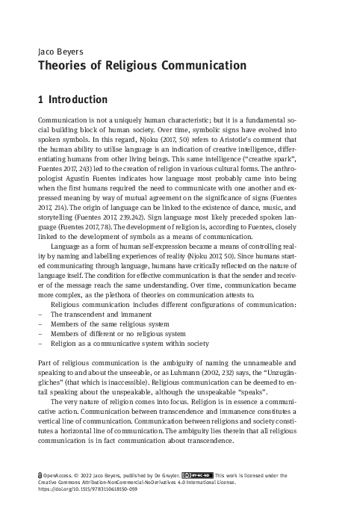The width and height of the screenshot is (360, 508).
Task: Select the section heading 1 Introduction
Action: tap(72, 99)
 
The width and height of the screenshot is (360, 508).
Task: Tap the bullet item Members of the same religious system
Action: tap(109, 324)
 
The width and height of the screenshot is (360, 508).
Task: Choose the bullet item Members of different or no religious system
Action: tap(118, 334)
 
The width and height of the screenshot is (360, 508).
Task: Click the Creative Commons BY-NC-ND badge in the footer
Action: tap(197, 473)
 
